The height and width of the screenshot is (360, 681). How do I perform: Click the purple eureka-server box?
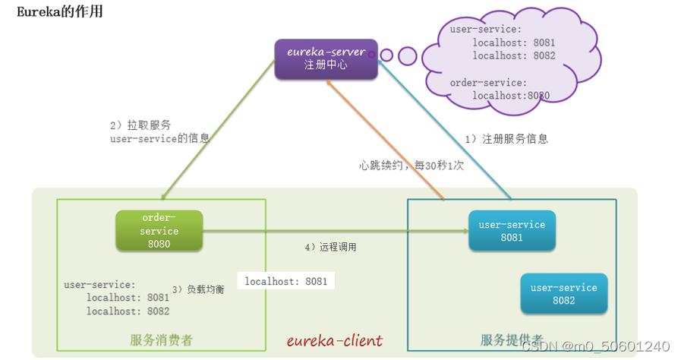326,59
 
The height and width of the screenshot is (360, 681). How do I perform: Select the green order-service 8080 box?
159,231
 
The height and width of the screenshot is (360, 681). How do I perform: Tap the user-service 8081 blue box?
512,231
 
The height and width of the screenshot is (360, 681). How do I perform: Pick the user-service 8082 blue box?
563,294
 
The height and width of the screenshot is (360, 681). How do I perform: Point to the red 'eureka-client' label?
335,340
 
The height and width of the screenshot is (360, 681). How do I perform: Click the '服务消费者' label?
161,340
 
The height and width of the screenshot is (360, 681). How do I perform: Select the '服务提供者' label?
512,340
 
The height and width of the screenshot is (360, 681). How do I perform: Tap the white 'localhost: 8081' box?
286,281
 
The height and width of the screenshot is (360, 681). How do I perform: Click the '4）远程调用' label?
330,248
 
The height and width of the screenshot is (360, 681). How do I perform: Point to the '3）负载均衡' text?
198,289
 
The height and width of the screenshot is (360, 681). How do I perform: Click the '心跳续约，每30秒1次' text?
410,165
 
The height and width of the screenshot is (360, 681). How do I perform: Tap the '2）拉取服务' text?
140,125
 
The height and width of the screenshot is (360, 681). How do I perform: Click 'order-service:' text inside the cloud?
487,82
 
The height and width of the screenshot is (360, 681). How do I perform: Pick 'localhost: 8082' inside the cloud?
514,55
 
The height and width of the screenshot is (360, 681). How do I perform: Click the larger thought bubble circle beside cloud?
408,55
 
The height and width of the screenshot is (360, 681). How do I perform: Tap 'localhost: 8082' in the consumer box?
128,311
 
